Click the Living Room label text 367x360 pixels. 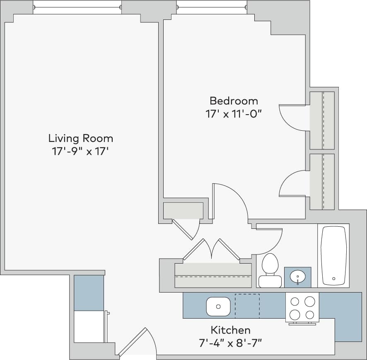tap(80, 138)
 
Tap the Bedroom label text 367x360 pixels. tap(234, 101)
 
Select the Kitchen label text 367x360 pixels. tap(230, 330)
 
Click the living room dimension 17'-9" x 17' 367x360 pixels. tap(80, 151)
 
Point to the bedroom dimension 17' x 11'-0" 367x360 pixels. tap(234, 114)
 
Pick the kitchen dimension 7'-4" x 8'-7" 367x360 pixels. tap(230, 343)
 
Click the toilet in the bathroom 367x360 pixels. tap(270, 270)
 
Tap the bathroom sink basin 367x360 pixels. tap(297, 276)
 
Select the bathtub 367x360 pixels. tap(333, 255)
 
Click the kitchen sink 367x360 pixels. tap(218, 306)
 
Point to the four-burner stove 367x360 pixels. tap(302, 308)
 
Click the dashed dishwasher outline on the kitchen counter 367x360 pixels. tap(247, 306)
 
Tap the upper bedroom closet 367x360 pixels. tap(322, 120)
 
